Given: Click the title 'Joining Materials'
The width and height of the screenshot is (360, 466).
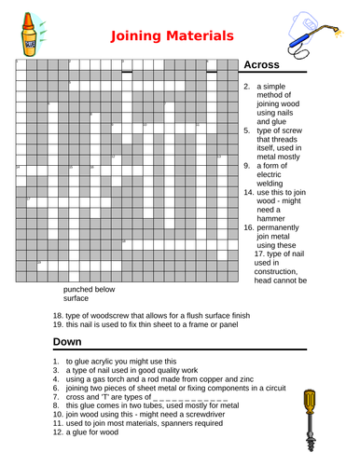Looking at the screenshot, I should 172,37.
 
